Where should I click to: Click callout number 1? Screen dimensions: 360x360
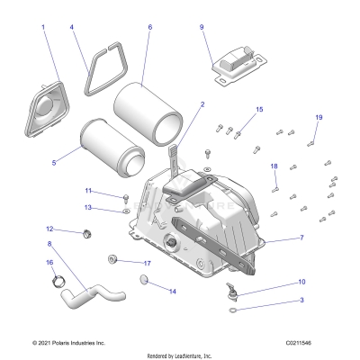coord(42,28)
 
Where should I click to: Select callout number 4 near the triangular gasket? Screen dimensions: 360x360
coord(72,28)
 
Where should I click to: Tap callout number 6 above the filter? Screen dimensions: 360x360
coord(149,27)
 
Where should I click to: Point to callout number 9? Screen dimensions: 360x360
coord(202,27)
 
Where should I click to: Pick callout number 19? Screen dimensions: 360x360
coord(318,118)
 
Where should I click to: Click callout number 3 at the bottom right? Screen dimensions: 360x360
coord(301,299)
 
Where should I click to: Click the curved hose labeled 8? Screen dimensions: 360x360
coord(99,292)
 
